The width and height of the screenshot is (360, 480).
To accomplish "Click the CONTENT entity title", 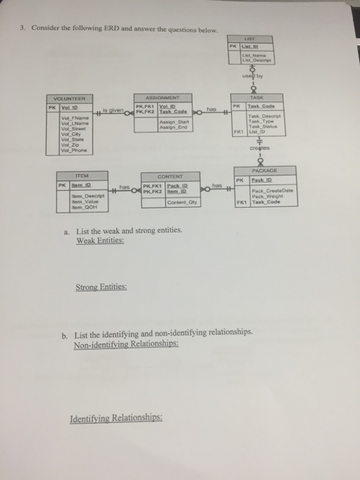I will click(x=167, y=176).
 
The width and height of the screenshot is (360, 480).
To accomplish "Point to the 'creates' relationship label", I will click(x=263, y=146).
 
